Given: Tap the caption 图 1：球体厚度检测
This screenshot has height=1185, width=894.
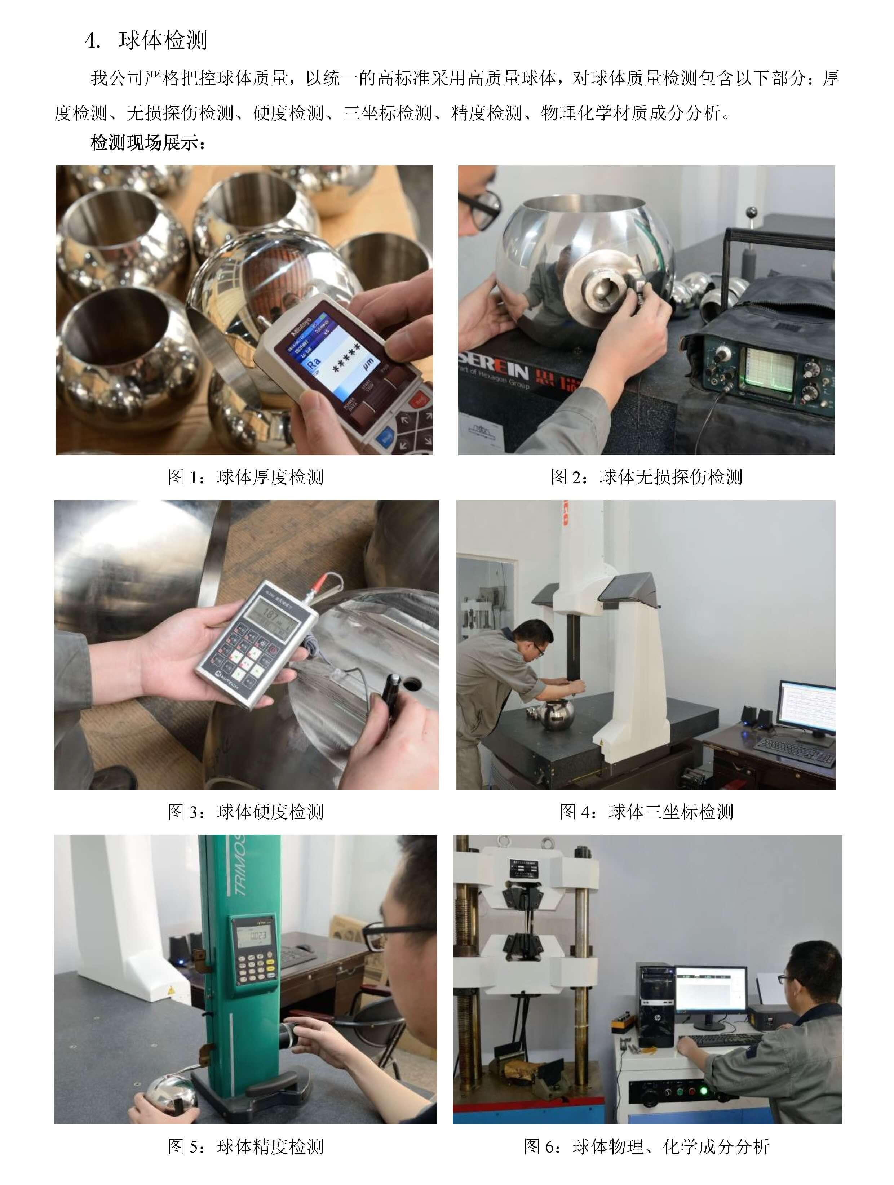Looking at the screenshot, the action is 245,477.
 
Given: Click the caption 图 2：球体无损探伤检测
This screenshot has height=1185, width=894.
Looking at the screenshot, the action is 646,477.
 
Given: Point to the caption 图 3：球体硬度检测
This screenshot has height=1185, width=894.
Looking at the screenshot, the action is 245,812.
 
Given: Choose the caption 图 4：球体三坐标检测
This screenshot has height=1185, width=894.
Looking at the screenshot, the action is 646,812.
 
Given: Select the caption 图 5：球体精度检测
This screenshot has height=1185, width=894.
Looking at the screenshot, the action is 245,1146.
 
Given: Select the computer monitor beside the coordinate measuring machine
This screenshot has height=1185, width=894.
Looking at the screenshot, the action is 806,706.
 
